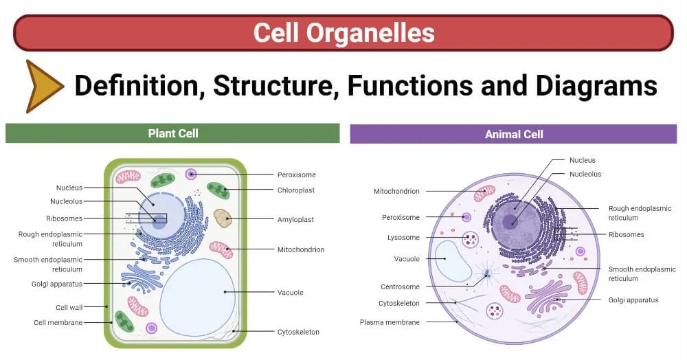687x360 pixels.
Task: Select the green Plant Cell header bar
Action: pos(172,133)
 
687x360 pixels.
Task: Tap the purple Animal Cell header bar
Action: pos(513,134)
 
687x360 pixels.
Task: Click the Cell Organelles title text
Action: pos(343,32)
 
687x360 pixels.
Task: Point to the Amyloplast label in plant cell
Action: pos(295,220)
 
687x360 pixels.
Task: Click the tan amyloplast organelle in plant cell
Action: pos(223,218)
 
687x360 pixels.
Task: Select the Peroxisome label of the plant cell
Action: pos(296,175)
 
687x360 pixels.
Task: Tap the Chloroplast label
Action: pos(296,190)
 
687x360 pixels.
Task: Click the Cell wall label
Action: pos(69,307)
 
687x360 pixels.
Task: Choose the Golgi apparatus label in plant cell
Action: pos(57,283)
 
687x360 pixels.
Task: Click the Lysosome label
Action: pos(403,238)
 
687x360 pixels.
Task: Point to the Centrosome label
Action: pos(400,286)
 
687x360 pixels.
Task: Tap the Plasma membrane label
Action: pos(390,322)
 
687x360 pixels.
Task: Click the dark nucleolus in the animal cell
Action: pos(510,221)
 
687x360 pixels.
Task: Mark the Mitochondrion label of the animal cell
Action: pos(396,191)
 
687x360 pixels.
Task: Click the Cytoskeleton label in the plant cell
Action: pos(298,332)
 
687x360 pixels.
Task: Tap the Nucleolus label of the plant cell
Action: pos(66,201)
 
